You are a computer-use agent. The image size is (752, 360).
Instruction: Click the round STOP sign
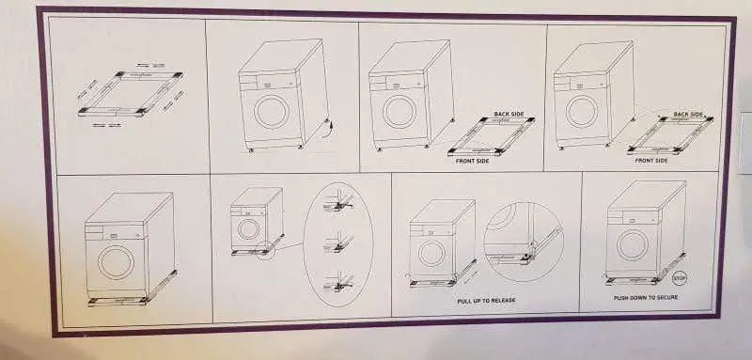(680, 277)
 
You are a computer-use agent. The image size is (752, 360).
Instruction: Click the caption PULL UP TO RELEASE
(486, 301)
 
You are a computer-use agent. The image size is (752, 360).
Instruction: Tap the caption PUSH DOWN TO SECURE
(646, 298)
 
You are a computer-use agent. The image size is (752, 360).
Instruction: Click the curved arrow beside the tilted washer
(330, 129)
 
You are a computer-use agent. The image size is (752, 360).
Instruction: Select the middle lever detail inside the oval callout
(339, 243)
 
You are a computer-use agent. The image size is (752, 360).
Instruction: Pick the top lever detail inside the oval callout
(339, 202)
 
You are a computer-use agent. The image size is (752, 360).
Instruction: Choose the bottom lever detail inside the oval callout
(339, 283)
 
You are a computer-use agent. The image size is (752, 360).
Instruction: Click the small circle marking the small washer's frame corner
(265, 250)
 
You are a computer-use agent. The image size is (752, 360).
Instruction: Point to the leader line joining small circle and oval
(289, 246)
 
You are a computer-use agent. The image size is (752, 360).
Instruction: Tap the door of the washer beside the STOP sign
(632, 245)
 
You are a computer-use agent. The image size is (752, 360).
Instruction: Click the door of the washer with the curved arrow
(272, 112)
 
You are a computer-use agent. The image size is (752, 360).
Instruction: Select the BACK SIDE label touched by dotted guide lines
(688, 115)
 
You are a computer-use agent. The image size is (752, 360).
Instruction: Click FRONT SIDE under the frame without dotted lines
(472, 161)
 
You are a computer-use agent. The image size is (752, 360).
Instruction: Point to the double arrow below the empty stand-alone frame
(106, 125)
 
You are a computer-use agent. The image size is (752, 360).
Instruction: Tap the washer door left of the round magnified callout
(431, 253)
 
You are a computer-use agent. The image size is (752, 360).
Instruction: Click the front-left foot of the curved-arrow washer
(250, 149)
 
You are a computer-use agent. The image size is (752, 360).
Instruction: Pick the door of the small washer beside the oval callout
(248, 229)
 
